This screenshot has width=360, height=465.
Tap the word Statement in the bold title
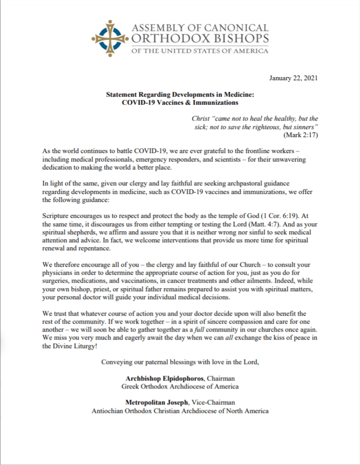(x=122, y=94)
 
